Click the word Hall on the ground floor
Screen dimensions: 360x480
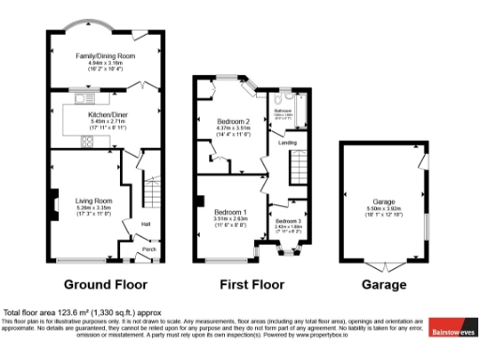click(x=145, y=223)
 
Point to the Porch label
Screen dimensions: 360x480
click(x=146, y=249)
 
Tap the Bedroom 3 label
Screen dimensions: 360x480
click(x=287, y=220)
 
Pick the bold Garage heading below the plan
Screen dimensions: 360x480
click(x=384, y=284)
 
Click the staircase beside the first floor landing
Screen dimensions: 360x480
click(x=298, y=169)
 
